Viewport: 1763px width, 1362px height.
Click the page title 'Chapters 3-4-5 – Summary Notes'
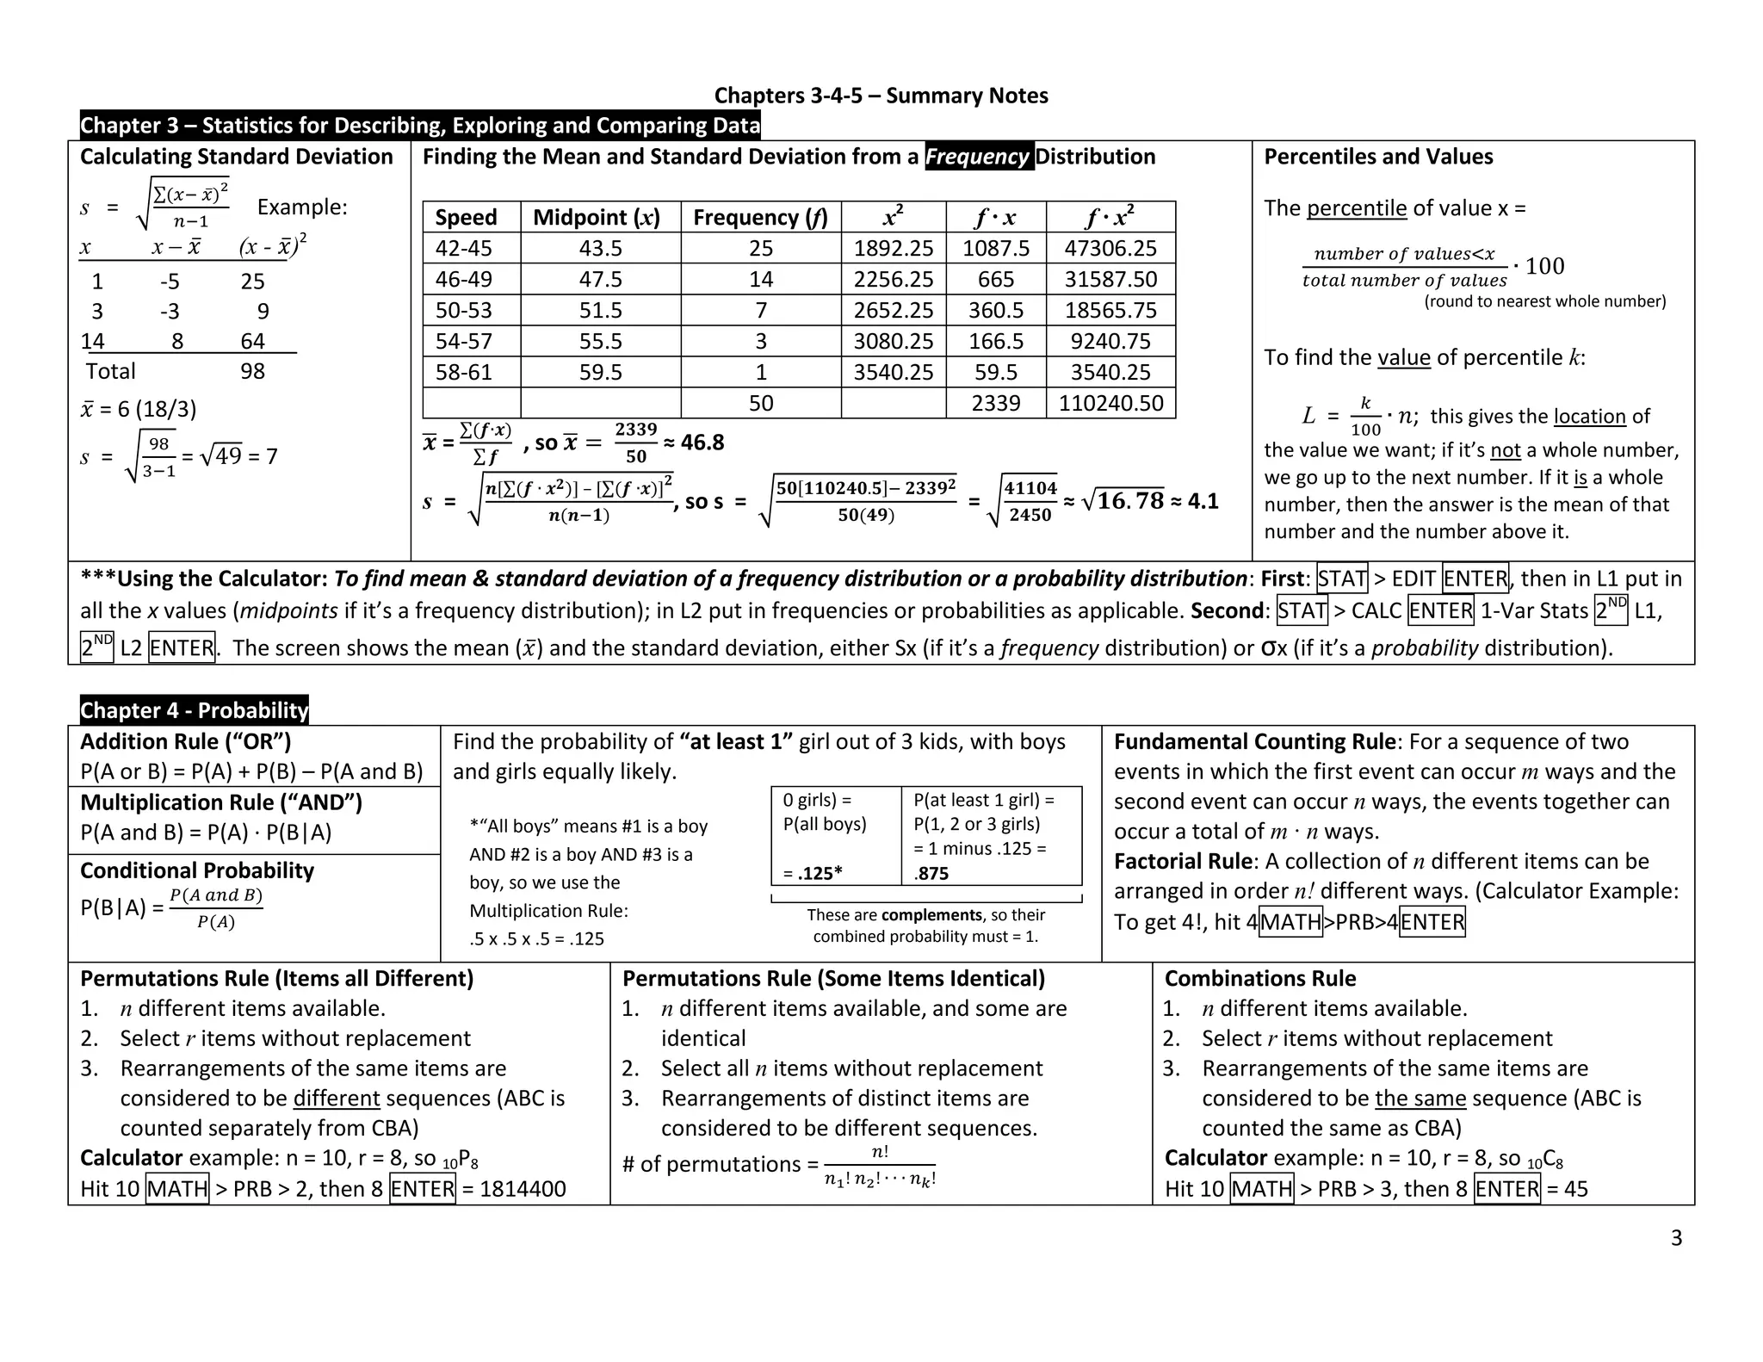pyautogui.click(x=881, y=96)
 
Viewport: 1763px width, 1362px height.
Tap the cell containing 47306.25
pyautogui.click(x=1110, y=248)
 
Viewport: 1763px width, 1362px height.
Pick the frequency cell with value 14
pyautogui.click(x=760, y=279)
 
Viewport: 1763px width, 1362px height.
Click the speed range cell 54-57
pyautogui.click(x=464, y=341)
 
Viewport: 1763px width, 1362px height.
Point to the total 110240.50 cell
pyautogui.click(x=1110, y=403)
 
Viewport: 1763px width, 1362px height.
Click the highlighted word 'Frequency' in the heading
pyautogui.click(x=979, y=157)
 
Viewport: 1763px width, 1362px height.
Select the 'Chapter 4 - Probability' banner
pyautogui.click(x=194, y=710)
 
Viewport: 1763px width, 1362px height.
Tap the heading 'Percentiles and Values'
pyautogui.click(x=1377, y=157)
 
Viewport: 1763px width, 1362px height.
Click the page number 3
pyautogui.click(x=1675, y=1238)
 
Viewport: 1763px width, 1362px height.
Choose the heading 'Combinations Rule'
pyautogui.click(x=1259, y=979)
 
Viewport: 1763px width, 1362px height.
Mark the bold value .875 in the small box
pyautogui.click(x=931, y=873)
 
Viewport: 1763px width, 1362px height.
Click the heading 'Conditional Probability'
pyautogui.click(x=197, y=870)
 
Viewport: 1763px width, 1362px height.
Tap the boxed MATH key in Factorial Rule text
pyautogui.click(x=1290, y=922)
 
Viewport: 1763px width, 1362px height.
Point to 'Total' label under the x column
pyautogui.click(x=110, y=371)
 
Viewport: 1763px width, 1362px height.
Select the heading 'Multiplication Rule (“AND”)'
pyautogui.click(x=221, y=802)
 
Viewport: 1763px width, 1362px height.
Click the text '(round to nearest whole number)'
pyautogui.click(x=1544, y=301)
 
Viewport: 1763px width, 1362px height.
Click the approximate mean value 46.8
pyautogui.click(x=702, y=443)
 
